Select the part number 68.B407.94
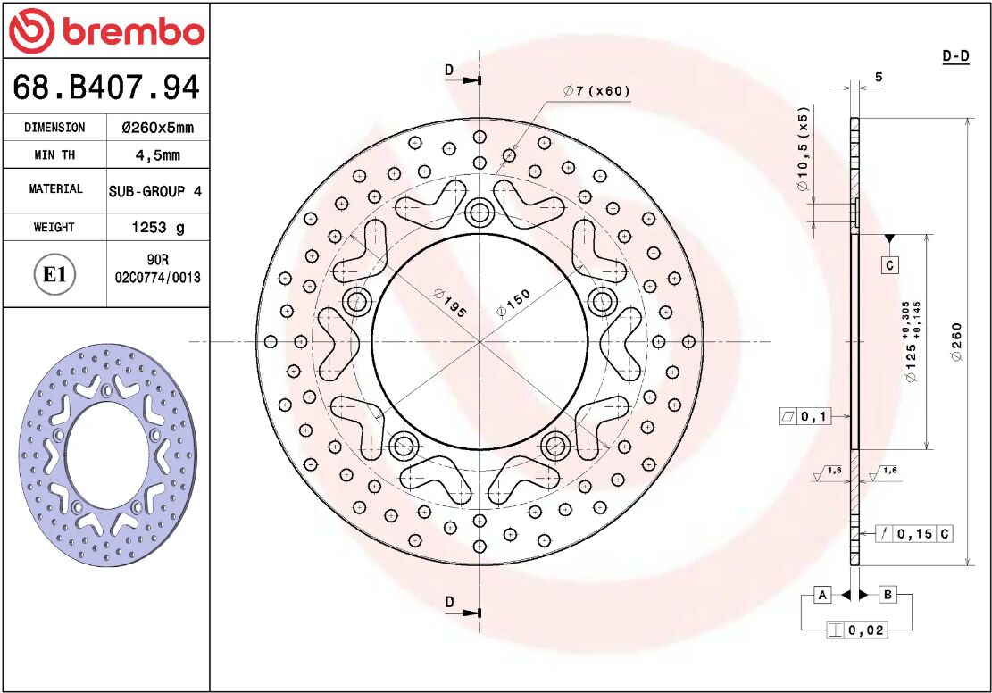pyautogui.click(x=105, y=88)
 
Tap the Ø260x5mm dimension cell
pyautogui.click(x=157, y=128)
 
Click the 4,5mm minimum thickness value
pyautogui.click(x=157, y=154)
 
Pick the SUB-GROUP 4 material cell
pyautogui.click(x=155, y=191)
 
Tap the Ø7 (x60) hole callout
pyautogui.click(x=596, y=91)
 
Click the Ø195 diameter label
pyautogui.click(x=449, y=302)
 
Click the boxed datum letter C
pyautogui.click(x=889, y=265)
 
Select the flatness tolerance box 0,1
pyautogui.click(x=804, y=416)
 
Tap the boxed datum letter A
pyautogui.click(x=823, y=595)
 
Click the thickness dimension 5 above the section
pyautogui.click(x=879, y=78)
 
